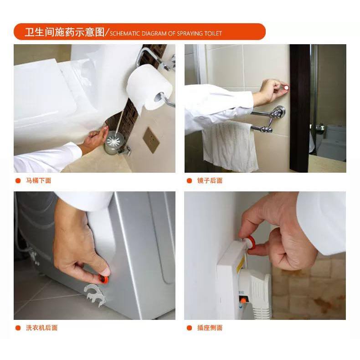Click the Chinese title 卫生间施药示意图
65,32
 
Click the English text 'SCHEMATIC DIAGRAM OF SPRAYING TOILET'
166,34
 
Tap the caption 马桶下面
38,181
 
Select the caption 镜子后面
210,181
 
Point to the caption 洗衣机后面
41,328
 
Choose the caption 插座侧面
210,328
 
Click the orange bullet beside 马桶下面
18,181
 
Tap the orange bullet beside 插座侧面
189,328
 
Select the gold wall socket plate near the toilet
151,140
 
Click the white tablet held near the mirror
286,87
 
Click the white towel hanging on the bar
230,146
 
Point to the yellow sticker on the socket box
240,265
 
